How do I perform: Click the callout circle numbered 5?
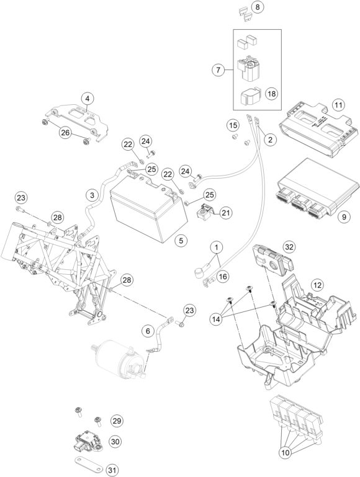point(181,241)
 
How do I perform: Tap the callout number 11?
point(338,105)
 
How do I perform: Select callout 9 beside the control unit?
point(344,216)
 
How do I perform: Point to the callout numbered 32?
point(289,247)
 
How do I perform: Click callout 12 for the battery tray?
point(317,285)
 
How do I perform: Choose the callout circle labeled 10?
point(286,453)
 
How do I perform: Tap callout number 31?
point(112,470)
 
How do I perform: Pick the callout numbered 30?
point(115,442)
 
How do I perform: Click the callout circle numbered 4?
point(88,99)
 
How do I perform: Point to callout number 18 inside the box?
point(271,94)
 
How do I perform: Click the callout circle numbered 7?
point(218,70)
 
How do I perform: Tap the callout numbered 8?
point(258,7)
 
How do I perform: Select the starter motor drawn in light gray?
point(120,359)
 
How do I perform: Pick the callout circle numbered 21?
point(225,213)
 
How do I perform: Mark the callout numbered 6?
point(148,331)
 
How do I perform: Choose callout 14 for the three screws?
point(217,319)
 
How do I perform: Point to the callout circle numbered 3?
point(92,195)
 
